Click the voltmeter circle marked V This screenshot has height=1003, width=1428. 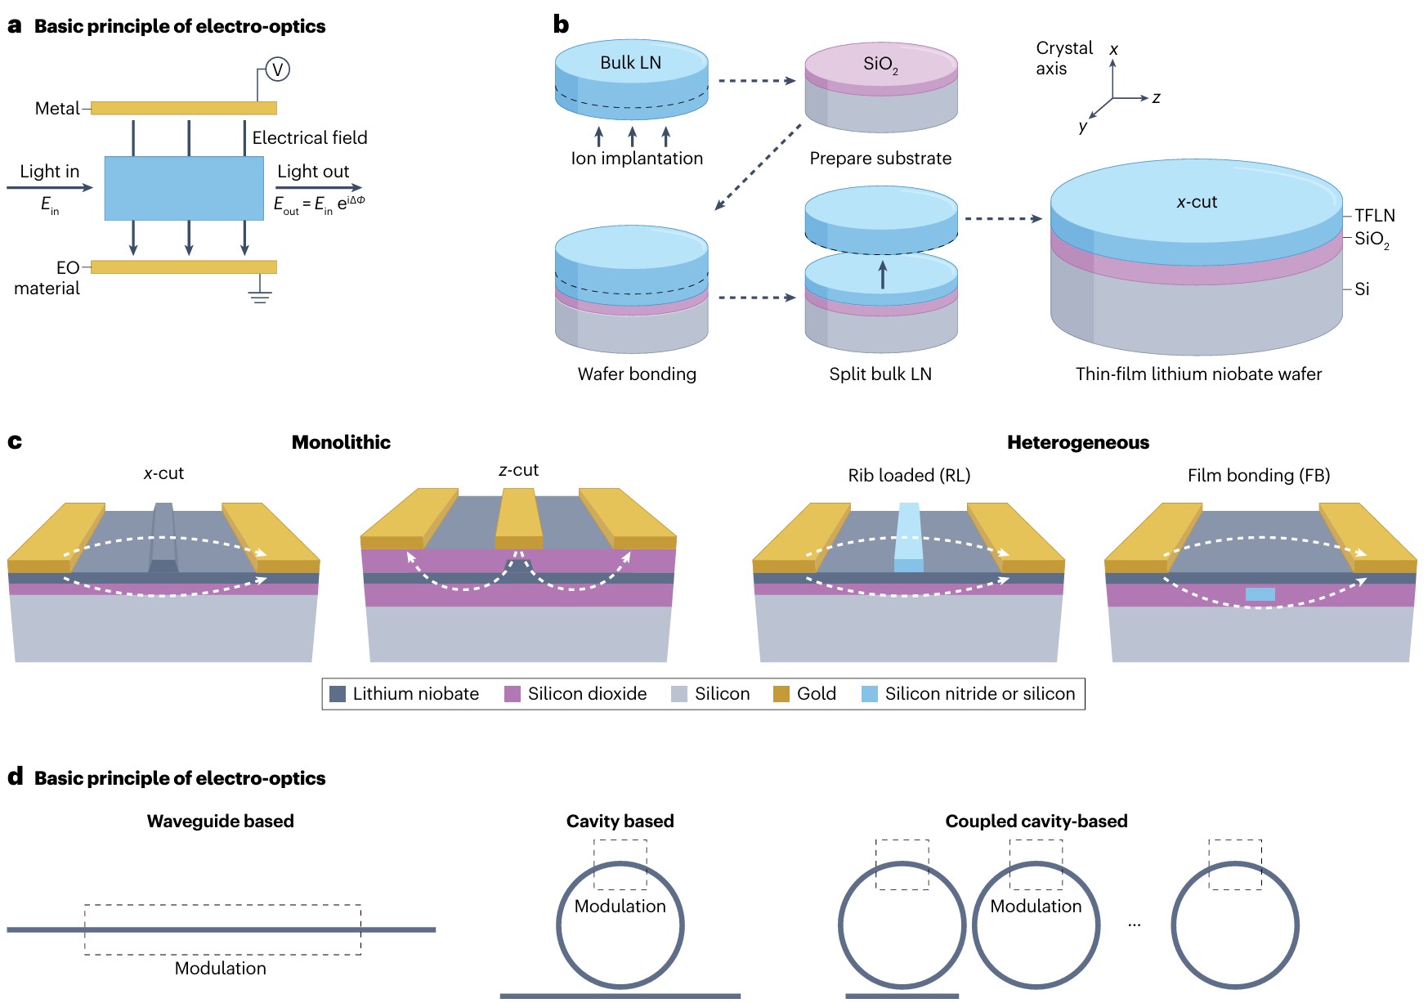click(x=278, y=69)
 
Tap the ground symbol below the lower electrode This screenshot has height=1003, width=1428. click(x=260, y=294)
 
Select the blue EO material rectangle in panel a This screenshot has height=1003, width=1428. click(x=184, y=188)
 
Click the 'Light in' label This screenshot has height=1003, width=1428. click(x=50, y=172)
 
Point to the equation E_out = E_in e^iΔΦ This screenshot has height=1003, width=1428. click(x=319, y=204)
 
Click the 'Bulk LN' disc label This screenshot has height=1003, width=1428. click(x=630, y=63)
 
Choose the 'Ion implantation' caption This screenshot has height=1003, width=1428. click(x=637, y=159)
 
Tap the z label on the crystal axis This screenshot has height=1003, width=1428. click(x=1157, y=98)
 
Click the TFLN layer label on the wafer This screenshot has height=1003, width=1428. click(x=1374, y=216)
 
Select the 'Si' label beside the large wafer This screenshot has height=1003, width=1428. click(x=1362, y=289)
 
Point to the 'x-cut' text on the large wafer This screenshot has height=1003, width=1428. click(x=1197, y=202)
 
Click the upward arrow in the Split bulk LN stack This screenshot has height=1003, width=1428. click(x=882, y=275)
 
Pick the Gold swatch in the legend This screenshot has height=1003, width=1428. click(x=781, y=694)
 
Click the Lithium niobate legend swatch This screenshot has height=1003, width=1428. click(x=338, y=694)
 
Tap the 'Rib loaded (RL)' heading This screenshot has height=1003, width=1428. click(x=909, y=476)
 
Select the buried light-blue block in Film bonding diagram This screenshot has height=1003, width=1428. click(x=1260, y=594)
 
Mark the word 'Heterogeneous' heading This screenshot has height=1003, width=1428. click(x=1077, y=443)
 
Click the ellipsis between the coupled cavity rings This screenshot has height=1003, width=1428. click(x=1135, y=925)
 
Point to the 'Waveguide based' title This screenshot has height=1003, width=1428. click(x=220, y=822)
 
